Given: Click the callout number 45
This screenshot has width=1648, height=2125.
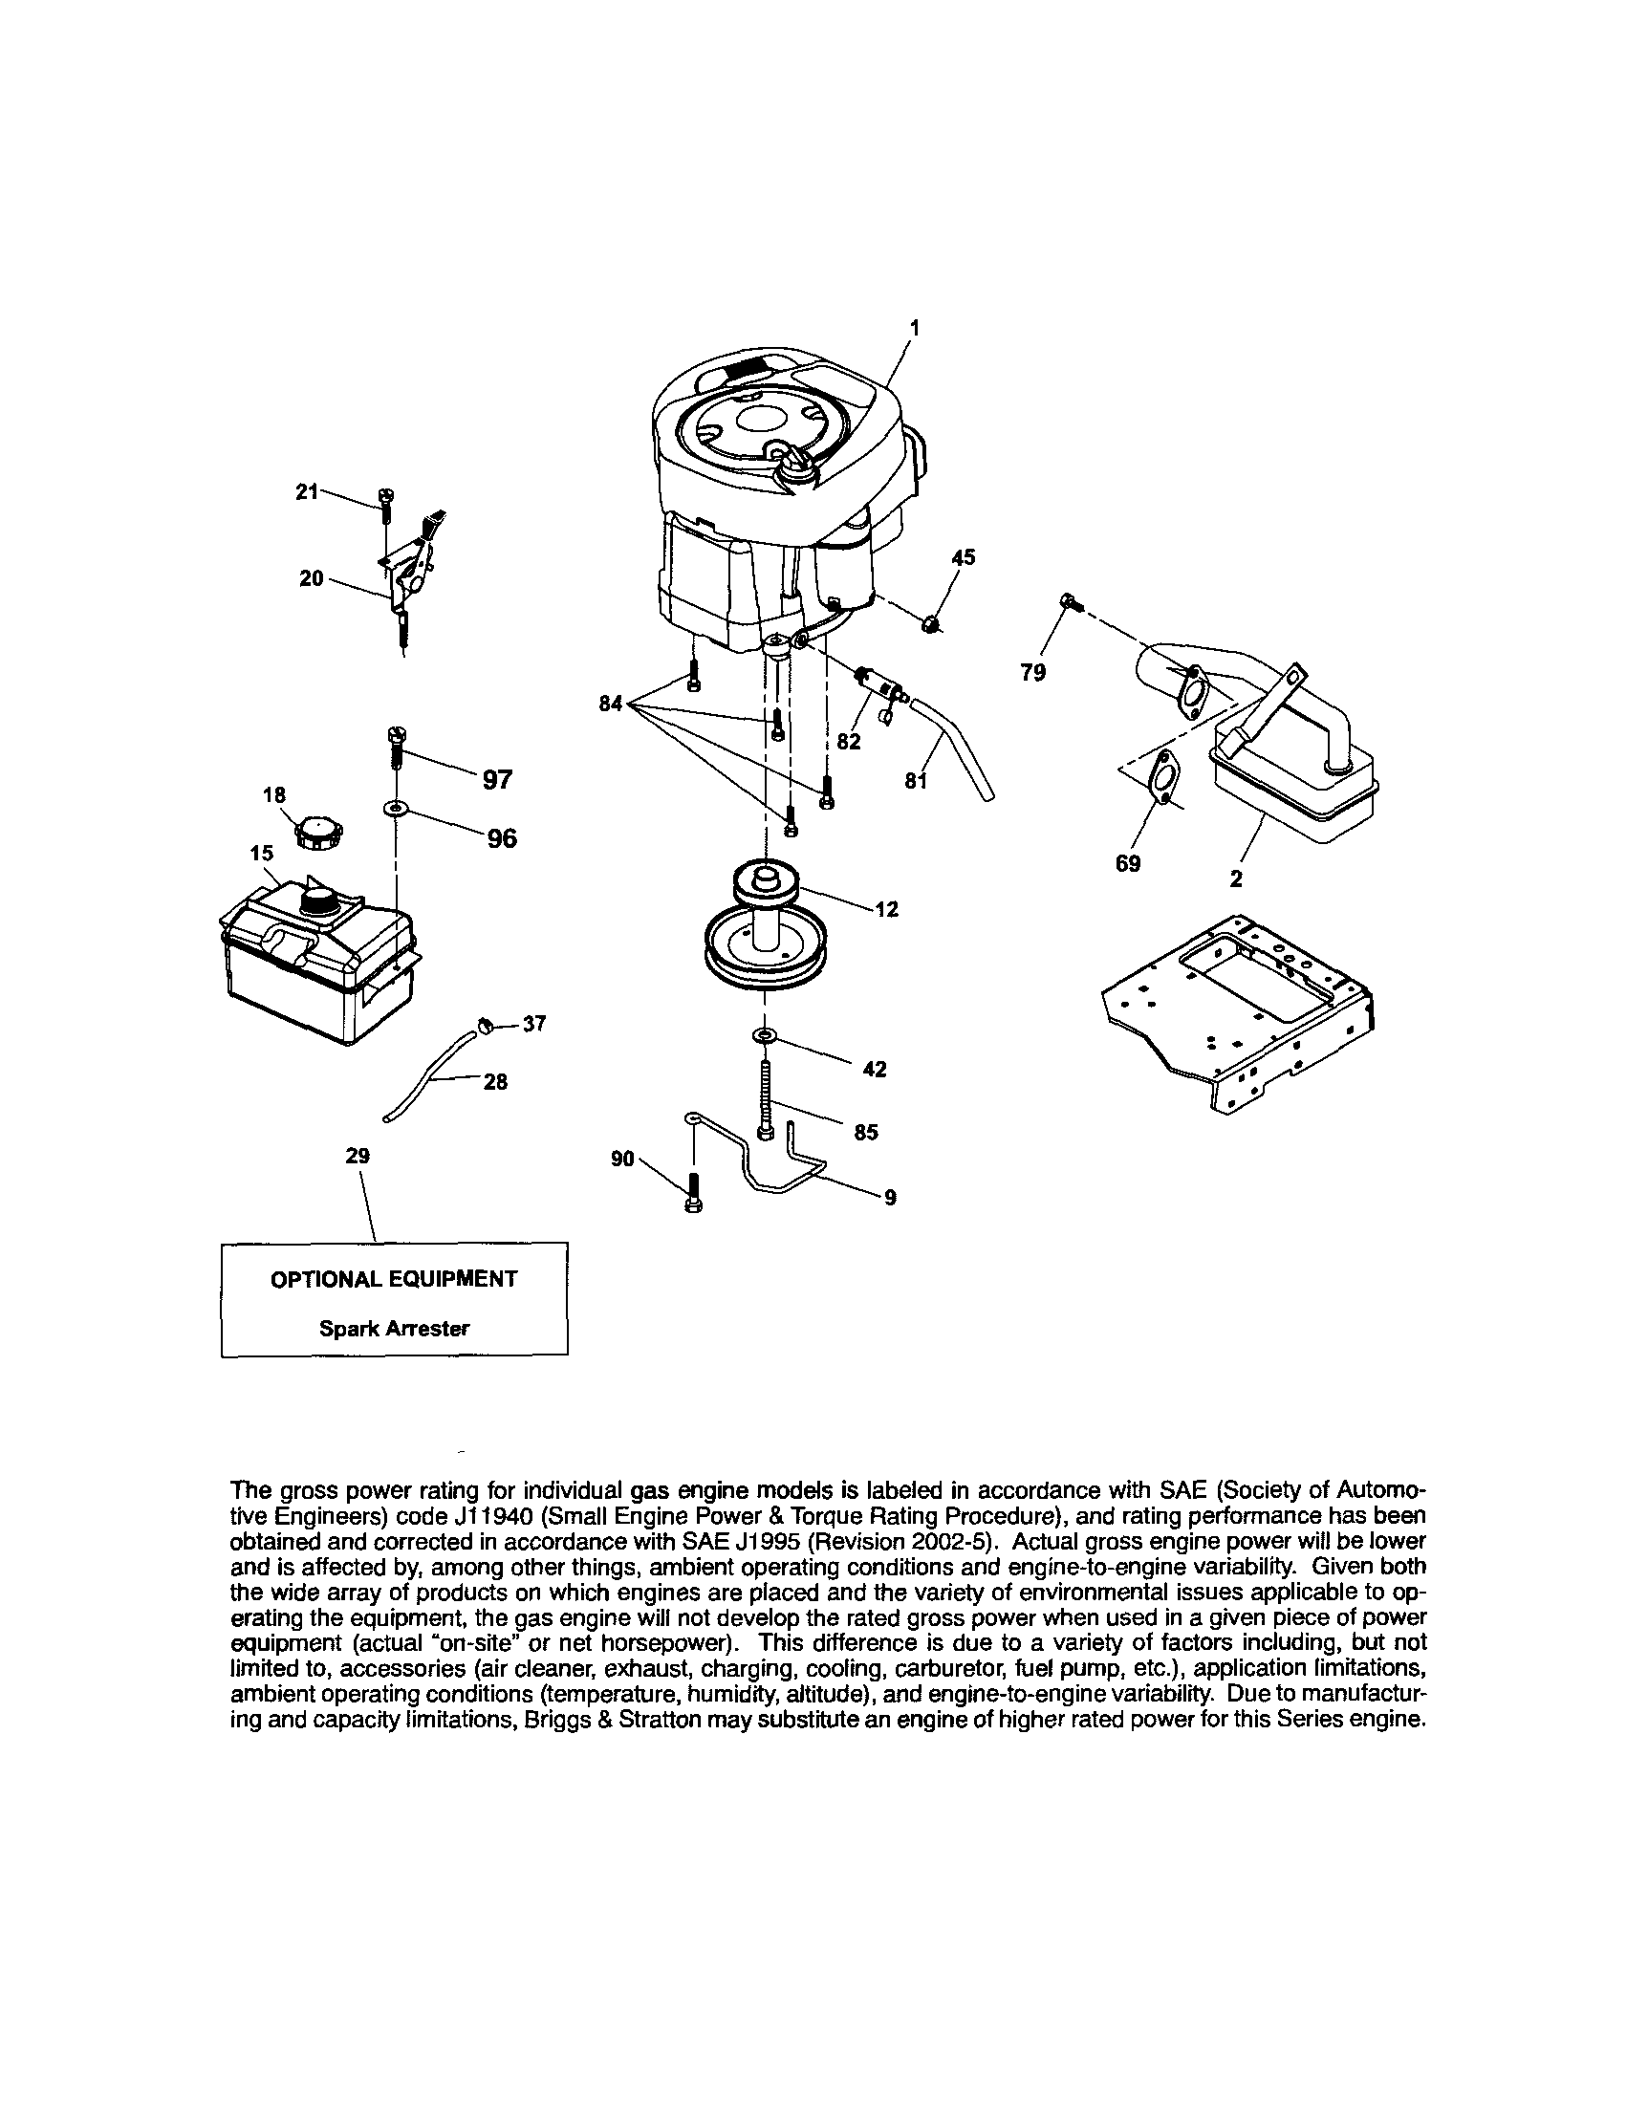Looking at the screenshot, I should pos(963,557).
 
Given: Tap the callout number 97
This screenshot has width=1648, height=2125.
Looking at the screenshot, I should pos(497,779).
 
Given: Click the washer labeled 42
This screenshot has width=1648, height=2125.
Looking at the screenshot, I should pos(765,1034).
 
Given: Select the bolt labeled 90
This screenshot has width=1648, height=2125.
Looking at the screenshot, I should pos(694,1192).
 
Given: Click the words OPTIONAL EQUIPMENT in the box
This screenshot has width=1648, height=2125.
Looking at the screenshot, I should pos(394,1278).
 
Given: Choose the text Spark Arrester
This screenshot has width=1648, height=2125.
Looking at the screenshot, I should pos(394,1328).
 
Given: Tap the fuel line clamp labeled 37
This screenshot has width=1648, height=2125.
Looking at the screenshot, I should pos(486,1023).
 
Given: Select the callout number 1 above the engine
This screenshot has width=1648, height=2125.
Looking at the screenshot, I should pos(913,328).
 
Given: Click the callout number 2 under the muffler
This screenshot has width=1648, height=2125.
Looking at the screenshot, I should pos(1235,878).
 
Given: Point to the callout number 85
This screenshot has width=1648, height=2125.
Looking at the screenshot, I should pos(866,1132).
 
